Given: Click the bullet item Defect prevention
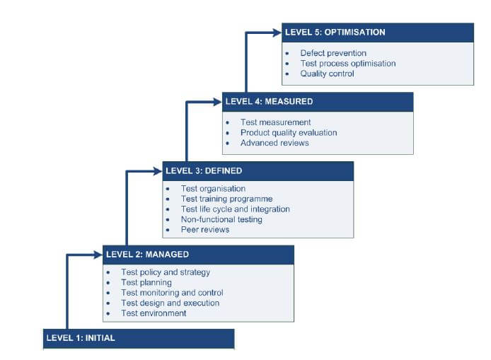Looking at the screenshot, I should (x=333, y=53).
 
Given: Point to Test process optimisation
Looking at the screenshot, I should (x=347, y=64).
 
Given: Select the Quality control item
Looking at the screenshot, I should (x=327, y=74).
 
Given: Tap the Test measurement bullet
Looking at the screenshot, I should (x=275, y=122).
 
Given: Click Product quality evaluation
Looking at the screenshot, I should (x=289, y=132).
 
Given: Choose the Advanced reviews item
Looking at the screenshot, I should (x=275, y=143).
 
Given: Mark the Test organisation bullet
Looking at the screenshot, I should (x=213, y=189).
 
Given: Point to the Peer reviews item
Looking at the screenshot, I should (x=205, y=230).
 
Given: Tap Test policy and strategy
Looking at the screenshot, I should (x=166, y=272).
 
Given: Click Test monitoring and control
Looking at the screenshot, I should (x=172, y=293).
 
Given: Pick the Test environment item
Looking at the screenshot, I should (x=154, y=313).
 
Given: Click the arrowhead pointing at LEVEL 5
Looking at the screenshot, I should (x=277, y=32).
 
